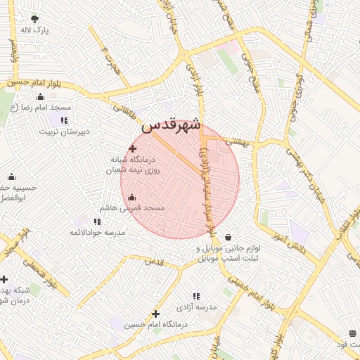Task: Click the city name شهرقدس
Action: click(x=171, y=125)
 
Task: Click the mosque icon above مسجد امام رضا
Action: click(x=40, y=97)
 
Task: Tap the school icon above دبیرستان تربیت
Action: click(x=64, y=120)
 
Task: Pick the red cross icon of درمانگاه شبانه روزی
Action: click(x=132, y=148)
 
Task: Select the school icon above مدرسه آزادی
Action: click(x=195, y=296)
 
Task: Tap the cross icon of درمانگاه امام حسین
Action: click(x=155, y=314)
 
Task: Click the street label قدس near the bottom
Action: click(x=153, y=261)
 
